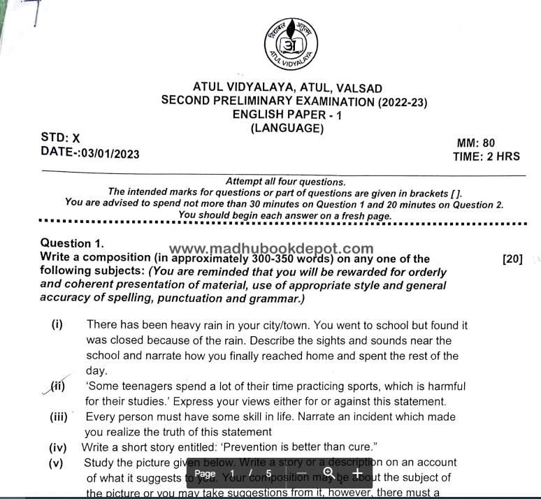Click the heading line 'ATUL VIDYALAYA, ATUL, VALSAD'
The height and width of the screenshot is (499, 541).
(x=288, y=88)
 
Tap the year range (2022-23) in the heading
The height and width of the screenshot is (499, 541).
(x=402, y=101)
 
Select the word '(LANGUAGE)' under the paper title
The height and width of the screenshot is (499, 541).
(x=287, y=128)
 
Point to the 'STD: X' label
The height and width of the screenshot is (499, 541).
(x=61, y=138)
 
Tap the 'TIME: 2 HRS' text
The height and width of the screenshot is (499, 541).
(x=486, y=157)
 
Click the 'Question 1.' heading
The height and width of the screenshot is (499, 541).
(x=72, y=243)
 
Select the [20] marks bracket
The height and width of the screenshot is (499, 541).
(x=512, y=259)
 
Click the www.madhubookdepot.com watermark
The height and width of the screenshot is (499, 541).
(x=271, y=249)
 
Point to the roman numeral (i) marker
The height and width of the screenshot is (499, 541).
(x=57, y=325)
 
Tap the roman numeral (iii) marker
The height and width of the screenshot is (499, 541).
(x=59, y=417)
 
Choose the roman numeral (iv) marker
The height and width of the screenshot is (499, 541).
(x=57, y=447)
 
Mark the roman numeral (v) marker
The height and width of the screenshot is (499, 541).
(x=56, y=463)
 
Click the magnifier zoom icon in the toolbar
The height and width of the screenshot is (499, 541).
(x=329, y=474)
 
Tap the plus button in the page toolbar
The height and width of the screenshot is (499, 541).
(x=357, y=474)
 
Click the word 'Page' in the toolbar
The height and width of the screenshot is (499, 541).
(x=205, y=474)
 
